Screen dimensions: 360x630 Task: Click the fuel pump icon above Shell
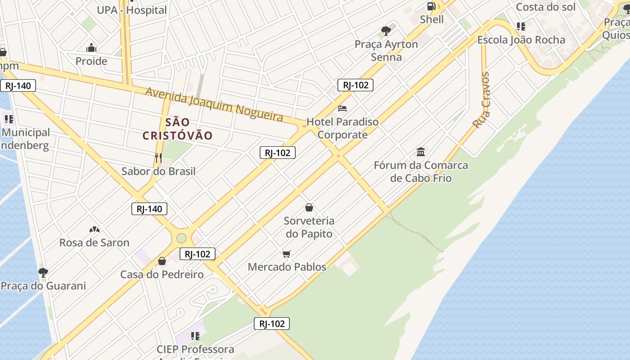click(432, 6)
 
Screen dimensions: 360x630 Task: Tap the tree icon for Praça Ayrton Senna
click(386, 31)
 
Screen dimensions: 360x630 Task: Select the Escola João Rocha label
click(521, 40)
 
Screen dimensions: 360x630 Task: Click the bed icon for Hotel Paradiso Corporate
click(342, 108)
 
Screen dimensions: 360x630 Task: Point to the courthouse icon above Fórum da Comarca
click(421, 152)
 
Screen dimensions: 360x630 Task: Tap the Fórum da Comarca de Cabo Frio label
click(421, 171)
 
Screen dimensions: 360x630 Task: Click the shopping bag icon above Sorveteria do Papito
click(309, 207)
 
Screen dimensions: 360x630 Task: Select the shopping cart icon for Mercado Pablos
click(287, 254)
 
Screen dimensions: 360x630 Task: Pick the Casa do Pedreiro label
click(162, 274)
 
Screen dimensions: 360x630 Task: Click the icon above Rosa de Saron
click(94, 229)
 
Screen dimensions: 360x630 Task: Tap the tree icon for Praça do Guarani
click(43, 272)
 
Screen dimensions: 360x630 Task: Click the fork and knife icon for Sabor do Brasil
click(158, 157)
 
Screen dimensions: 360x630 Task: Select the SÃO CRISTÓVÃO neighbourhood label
click(177, 129)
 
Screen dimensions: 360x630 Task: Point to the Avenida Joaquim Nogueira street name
click(214, 105)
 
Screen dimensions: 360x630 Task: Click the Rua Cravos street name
click(481, 100)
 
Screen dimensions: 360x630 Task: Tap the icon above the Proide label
click(91, 48)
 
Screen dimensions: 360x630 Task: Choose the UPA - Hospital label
click(132, 10)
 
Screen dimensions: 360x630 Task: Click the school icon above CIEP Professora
click(195, 336)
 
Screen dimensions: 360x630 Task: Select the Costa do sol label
click(545, 7)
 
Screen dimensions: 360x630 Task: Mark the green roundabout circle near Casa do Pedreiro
click(181, 238)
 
